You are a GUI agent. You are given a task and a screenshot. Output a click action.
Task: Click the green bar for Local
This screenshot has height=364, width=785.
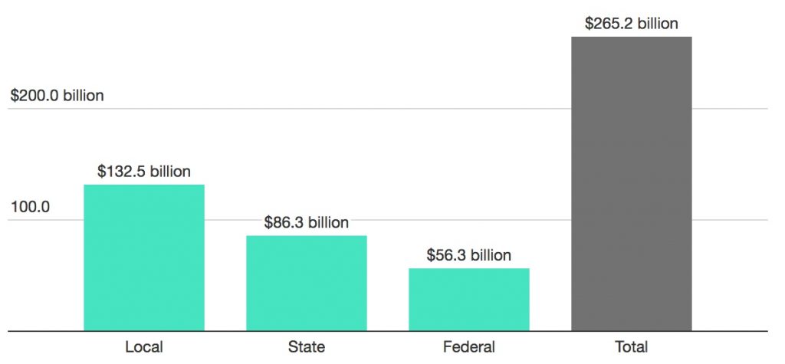coord(144,257)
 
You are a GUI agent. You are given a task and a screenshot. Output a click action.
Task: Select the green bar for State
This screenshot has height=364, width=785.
coord(307,283)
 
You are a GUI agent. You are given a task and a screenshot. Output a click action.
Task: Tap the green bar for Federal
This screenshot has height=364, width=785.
coord(469,300)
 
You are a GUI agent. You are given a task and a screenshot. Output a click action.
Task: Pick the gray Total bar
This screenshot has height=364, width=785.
coord(632,184)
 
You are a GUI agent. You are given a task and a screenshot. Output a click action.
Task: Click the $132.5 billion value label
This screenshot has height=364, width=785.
coord(144,172)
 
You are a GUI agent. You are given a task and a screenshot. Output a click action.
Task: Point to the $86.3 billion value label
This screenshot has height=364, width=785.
coord(307,223)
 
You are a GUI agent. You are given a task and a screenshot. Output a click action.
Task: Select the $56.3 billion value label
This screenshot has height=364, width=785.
coord(469,255)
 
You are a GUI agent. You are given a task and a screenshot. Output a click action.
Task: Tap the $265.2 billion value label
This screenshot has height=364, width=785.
coord(632,24)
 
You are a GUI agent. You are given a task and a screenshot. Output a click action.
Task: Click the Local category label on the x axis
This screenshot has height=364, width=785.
coord(144,346)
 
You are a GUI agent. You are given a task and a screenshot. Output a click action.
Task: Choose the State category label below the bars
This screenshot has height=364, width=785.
coord(307,346)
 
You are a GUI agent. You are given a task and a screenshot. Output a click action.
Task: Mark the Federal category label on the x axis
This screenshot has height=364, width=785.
coord(469,346)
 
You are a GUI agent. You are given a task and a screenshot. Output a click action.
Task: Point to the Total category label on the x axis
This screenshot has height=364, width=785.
coord(632,346)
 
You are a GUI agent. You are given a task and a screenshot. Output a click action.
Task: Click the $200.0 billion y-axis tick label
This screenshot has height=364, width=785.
coord(57,97)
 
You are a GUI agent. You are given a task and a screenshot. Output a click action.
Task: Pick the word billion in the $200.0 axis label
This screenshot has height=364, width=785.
coord(83,97)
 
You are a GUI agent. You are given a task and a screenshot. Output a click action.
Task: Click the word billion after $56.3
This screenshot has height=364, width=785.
coord(491,255)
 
